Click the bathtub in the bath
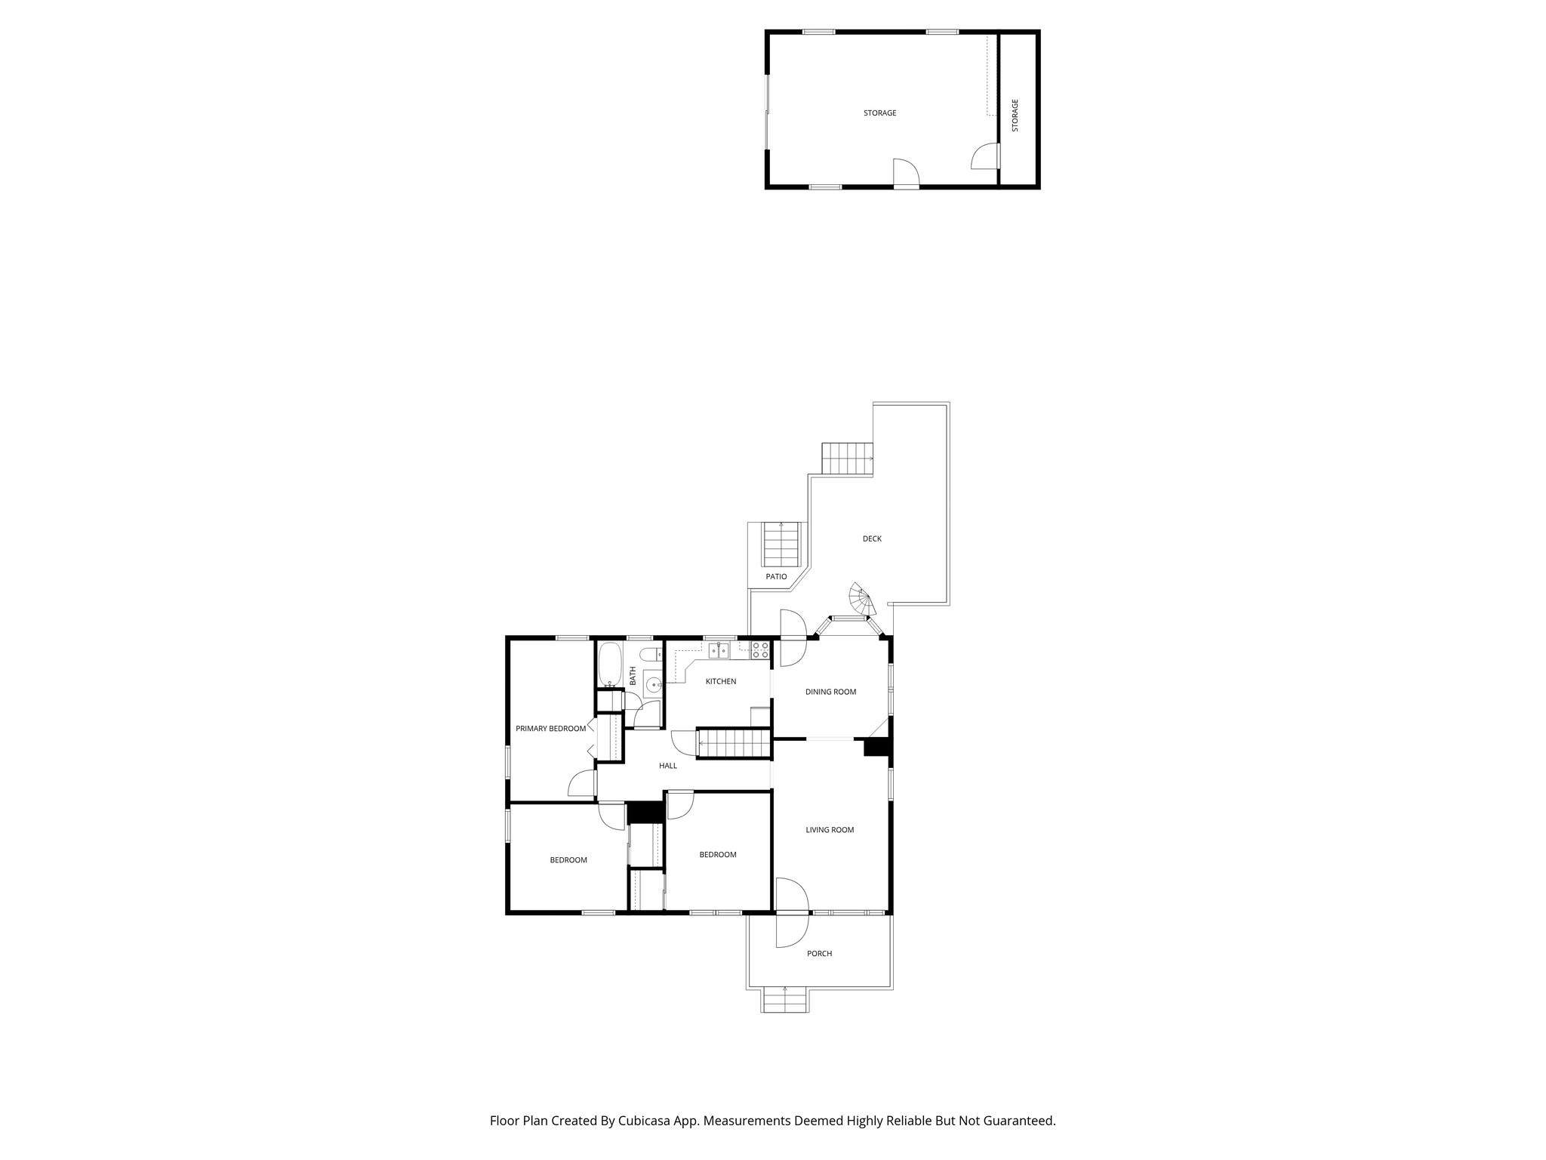609,665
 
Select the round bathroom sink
653,685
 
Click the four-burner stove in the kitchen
759,649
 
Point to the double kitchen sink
718,649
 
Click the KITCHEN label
720,681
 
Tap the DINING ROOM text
830,692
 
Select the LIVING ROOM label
830,830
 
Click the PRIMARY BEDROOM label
550,729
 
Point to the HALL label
667,766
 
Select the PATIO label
776,577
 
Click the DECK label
872,538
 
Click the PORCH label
819,954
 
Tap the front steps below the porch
785,1003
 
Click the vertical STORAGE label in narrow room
1015,116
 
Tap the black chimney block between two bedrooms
645,813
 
